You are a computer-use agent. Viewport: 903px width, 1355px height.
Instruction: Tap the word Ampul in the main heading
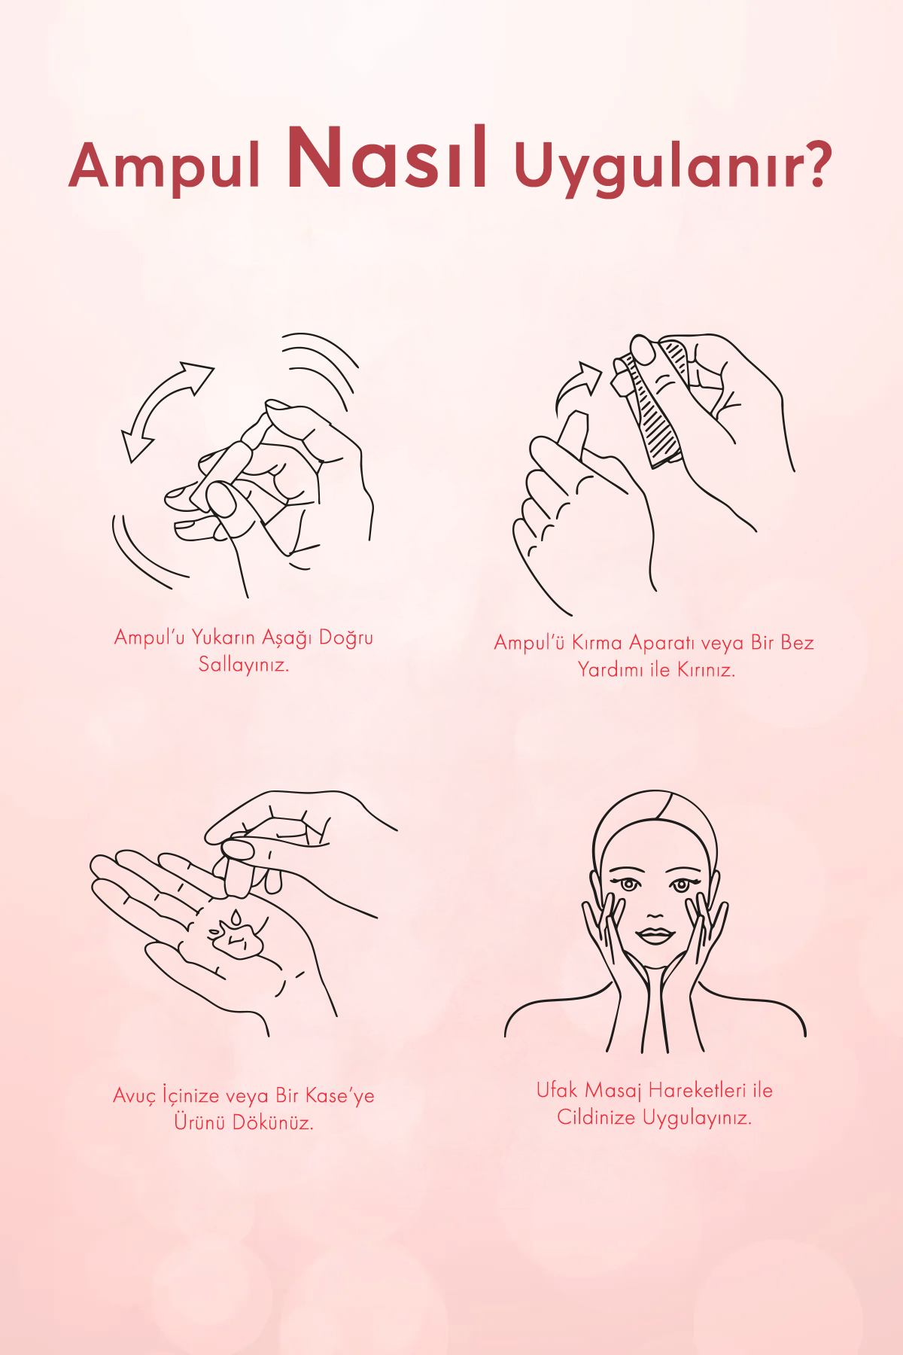tap(164, 166)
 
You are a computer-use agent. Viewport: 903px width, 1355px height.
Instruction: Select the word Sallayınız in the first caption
tap(243, 665)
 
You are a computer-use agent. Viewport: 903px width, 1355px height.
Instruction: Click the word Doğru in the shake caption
tap(345, 638)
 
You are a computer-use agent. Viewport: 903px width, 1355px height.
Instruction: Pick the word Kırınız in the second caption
tap(705, 670)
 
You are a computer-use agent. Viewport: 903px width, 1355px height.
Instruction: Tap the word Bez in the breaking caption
tap(796, 643)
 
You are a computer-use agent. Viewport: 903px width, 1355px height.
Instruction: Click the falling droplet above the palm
tap(236, 917)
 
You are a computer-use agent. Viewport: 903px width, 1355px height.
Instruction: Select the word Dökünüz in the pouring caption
tap(272, 1122)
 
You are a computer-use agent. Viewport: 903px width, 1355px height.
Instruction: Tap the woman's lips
tap(655, 936)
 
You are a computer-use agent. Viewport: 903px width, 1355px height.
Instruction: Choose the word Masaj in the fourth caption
tap(613, 1091)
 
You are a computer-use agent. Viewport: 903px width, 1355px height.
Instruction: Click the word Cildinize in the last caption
tap(596, 1118)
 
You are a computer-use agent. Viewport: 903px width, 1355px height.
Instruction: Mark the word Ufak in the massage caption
tap(557, 1090)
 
